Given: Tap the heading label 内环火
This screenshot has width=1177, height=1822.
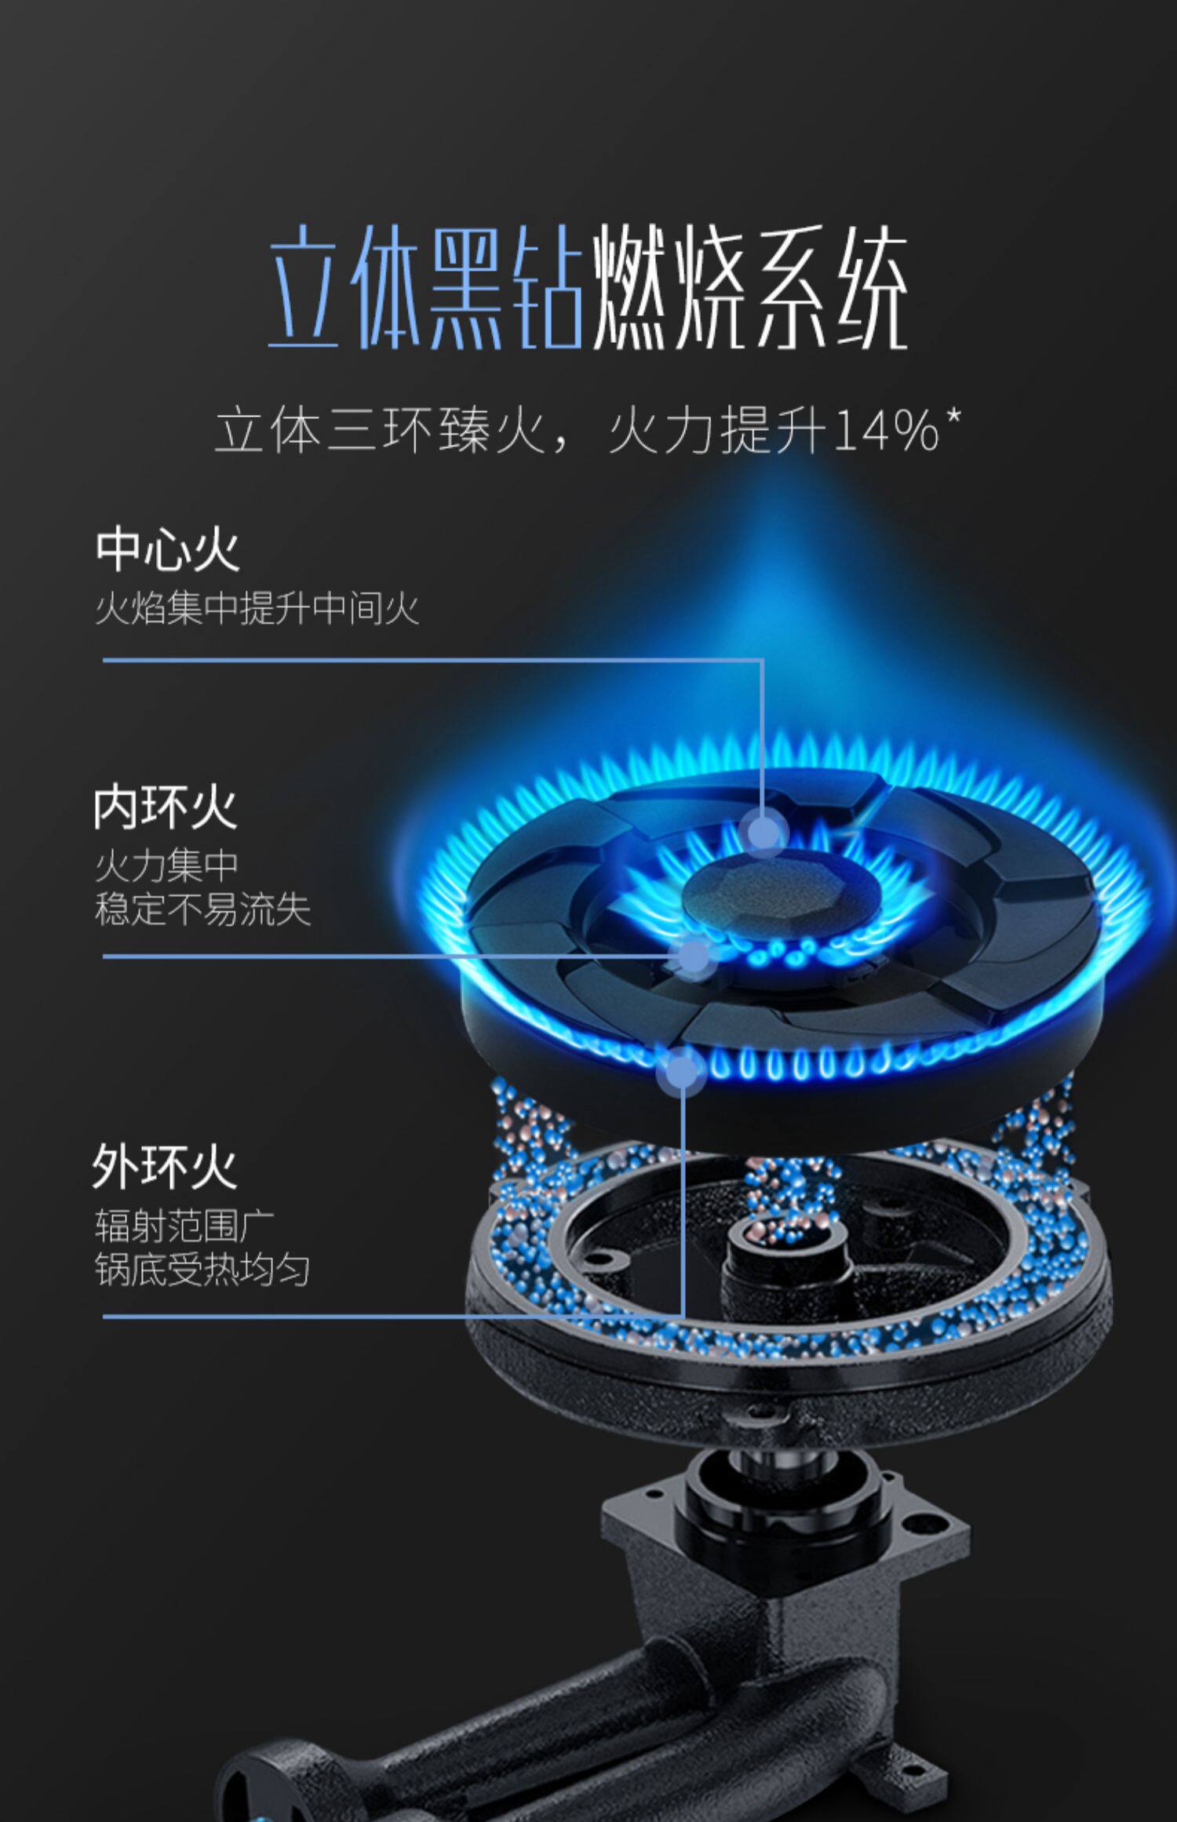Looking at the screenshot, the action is (165, 807).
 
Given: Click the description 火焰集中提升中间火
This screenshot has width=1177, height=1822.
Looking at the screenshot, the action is (257, 608).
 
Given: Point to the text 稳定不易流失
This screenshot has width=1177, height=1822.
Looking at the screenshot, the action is (202, 909).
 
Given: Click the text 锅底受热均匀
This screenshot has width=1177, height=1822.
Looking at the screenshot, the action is (202, 1269).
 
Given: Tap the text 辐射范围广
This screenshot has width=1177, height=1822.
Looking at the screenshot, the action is (184, 1226).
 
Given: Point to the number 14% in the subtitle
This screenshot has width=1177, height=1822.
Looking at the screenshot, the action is (887, 431).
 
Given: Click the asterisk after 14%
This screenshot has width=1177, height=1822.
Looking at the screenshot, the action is (953, 417).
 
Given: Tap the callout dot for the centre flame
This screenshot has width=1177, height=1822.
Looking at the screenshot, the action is (763, 831).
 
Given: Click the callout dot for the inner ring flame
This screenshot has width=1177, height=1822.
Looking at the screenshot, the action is (694, 957).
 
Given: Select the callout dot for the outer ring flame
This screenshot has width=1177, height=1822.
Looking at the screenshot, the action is (682, 1071).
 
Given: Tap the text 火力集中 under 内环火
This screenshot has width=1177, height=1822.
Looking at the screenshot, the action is (166, 866).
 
